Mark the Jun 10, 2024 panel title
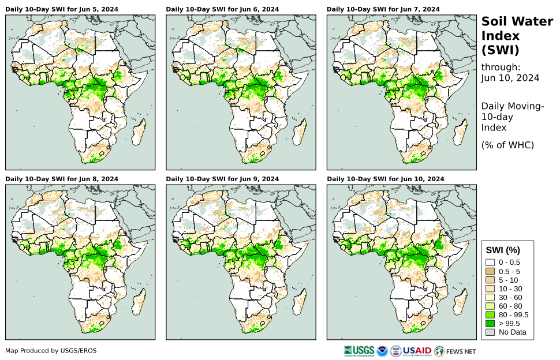386,179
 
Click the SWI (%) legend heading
503,250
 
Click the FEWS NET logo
456,351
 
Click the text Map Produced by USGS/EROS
51,351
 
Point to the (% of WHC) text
507,145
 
